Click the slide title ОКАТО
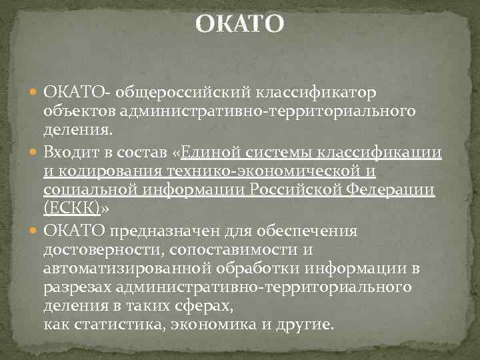pos(240,25)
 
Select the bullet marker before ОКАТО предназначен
pos(35,231)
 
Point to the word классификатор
pos(309,91)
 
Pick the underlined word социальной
pos(90,190)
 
